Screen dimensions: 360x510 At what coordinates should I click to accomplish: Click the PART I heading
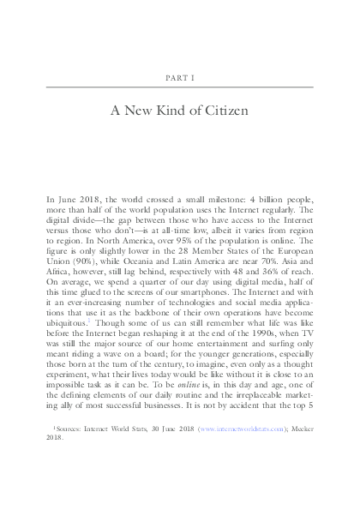tap(179, 76)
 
